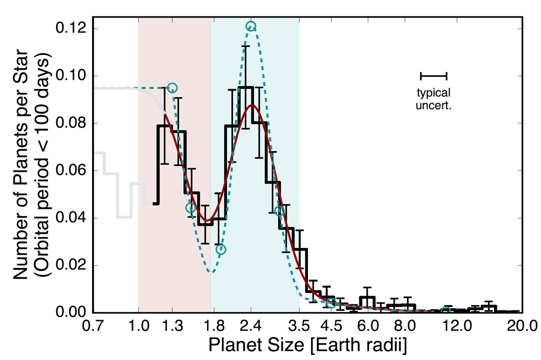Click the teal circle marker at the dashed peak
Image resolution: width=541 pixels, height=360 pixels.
[x=251, y=26]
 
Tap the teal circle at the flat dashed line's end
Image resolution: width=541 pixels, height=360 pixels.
[x=172, y=88]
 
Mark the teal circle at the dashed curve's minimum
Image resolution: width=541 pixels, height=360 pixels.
[x=220, y=250]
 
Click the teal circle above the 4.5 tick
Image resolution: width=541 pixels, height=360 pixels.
[x=331, y=303]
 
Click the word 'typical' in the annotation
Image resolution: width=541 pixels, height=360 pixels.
[x=434, y=94]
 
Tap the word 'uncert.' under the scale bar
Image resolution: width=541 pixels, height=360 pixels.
[x=434, y=105]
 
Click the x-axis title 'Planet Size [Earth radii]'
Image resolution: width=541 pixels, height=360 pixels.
[x=307, y=344]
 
